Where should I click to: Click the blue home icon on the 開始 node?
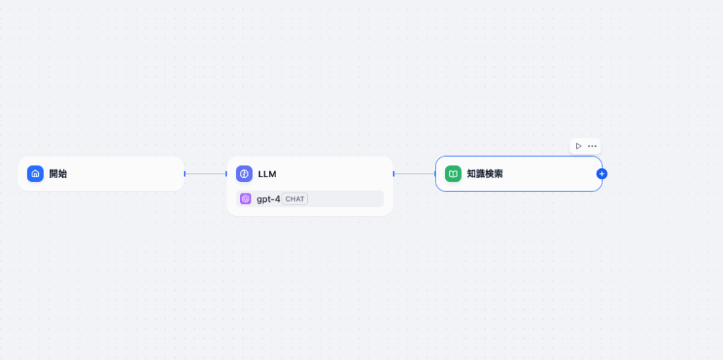[35, 174]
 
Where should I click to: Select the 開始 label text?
[58, 174]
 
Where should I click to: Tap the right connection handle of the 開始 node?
[184, 174]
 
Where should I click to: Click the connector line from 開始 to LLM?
[205, 174]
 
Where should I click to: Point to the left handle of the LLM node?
[227, 174]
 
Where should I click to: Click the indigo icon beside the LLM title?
[244, 174]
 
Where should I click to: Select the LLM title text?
[267, 174]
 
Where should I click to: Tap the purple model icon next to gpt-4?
[246, 199]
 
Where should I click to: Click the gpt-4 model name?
[268, 199]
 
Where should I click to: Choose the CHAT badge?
[294, 199]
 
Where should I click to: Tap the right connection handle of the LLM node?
[393, 174]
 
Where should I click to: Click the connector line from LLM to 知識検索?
[414, 174]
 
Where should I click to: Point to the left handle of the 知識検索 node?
[436, 174]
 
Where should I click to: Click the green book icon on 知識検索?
[453, 174]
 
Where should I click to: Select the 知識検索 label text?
[485, 174]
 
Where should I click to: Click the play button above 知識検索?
[578, 146]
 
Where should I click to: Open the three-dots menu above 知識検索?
[592, 146]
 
